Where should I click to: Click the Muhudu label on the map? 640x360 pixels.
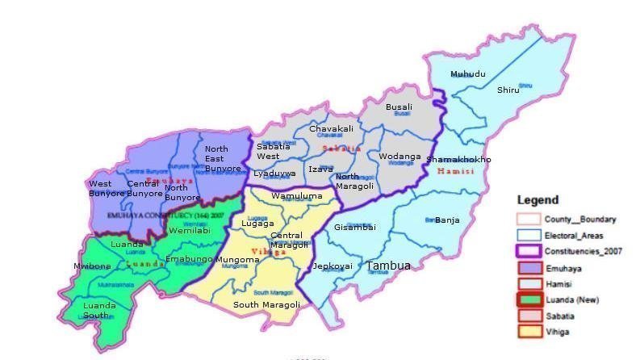(468, 74)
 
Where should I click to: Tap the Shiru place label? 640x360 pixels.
(508, 90)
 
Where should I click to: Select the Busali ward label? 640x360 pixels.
(399, 107)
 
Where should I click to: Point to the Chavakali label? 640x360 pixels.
(332, 129)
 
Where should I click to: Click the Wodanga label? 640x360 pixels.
(400, 156)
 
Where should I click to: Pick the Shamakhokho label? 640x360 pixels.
(458, 159)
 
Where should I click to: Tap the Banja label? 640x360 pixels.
(446, 220)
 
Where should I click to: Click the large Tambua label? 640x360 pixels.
(388, 266)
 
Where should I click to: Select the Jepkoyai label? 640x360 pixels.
(333, 266)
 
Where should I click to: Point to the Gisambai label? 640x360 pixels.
(355, 227)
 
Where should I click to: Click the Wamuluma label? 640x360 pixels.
(296, 196)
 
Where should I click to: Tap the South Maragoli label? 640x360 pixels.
(266, 304)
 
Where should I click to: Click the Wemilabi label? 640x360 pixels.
(190, 231)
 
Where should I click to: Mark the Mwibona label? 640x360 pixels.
(92, 266)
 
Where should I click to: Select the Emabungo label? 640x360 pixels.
(189, 259)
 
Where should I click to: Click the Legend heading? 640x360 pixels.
(538, 200)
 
